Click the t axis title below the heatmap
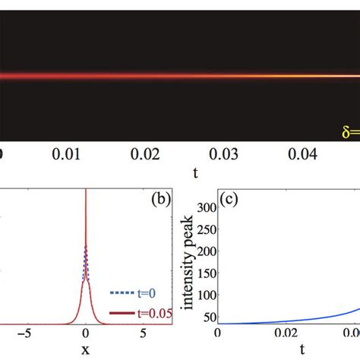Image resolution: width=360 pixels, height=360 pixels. pos(195,173)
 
